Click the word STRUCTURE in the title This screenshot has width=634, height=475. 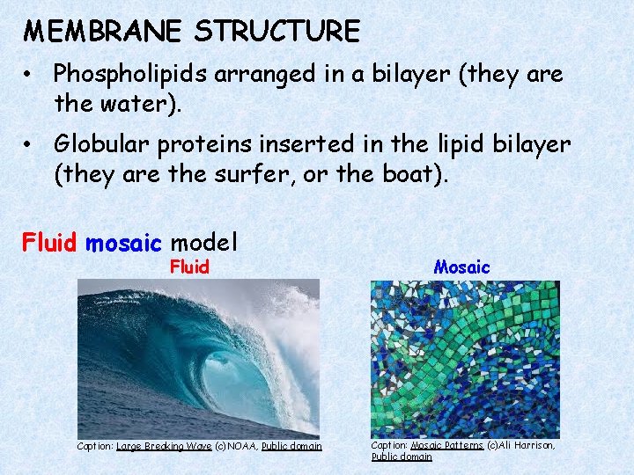[x=277, y=33]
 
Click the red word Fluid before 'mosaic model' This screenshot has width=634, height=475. [x=50, y=240]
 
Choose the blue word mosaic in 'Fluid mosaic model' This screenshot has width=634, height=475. [x=123, y=240]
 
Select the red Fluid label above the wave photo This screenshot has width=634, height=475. [x=189, y=267]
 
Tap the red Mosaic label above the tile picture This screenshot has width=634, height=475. [x=461, y=267]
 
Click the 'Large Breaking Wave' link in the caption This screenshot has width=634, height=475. [x=164, y=447]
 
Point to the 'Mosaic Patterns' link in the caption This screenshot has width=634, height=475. [x=446, y=446]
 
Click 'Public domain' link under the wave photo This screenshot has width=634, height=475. [x=291, y=447]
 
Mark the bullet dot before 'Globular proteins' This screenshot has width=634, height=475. [x=29, y=144]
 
